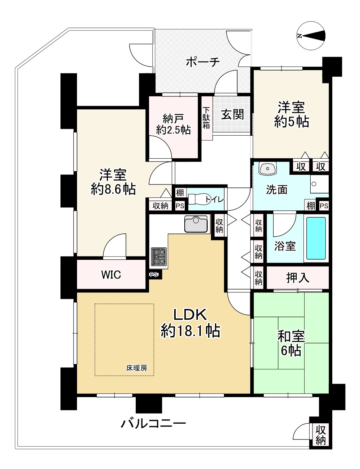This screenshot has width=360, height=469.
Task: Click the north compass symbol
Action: pos(312,35)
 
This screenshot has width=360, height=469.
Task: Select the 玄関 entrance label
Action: pos(232,114)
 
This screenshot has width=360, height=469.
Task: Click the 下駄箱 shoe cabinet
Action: pos(206,118)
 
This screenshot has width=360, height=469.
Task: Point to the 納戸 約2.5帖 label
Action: pos(173,124)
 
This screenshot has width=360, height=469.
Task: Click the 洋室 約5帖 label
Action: pos(291,114)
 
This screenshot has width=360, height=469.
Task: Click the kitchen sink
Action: pos(196,224)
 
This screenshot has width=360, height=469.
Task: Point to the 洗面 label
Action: pos(276,190)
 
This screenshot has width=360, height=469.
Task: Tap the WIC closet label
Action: pos(111,275)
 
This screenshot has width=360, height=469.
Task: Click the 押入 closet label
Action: pos(297,277)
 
